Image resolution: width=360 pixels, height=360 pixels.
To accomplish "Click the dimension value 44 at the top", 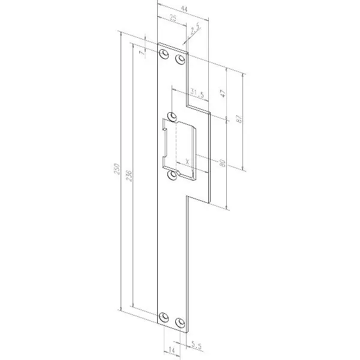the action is click(x=184, y=9).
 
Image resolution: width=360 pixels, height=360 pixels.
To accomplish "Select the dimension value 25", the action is click(x=173, y=18).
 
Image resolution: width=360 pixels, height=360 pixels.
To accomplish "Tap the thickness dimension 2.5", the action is click(x=194, y=29).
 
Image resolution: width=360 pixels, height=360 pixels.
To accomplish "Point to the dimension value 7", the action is click(x=142, y=53).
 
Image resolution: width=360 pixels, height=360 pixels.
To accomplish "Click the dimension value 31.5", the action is click(x=197, y=94).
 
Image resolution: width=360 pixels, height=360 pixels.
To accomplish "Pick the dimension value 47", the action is click(x=223, y=94).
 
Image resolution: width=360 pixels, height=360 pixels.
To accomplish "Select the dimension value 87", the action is click(x=239, y=119).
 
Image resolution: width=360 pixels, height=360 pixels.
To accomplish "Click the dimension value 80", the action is click(x=222, y=163).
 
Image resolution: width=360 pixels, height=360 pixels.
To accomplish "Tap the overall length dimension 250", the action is click(x=117, y=169).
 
